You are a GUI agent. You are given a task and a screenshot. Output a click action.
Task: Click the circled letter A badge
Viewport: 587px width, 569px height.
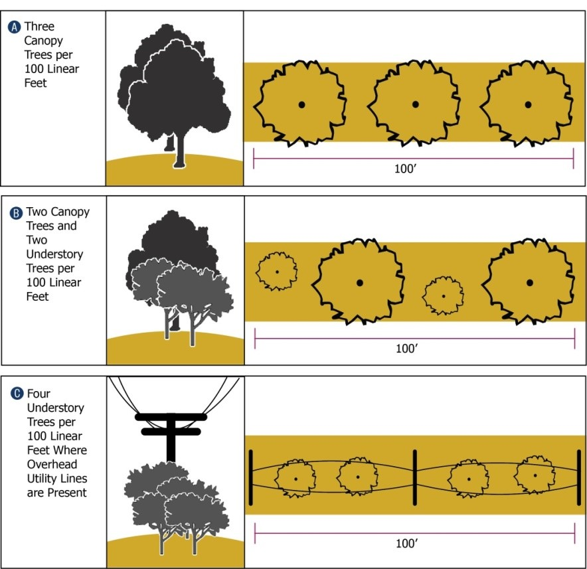pyautogui.click(x=15, y=27)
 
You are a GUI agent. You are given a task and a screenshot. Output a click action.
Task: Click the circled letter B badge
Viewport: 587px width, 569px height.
pyautogui.click(x=16, y=213)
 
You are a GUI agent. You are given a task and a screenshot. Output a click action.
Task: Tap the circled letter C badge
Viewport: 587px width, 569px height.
pyautogui.click(x=17, y=394)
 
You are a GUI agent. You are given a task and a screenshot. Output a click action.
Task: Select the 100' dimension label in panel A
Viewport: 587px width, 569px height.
pyautogui.click(x=406, y=169)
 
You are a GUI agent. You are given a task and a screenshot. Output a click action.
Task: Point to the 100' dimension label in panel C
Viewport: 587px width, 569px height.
pyautogui.click(x=407, y=543)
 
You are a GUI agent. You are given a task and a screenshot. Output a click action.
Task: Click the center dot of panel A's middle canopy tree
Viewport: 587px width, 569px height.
pyautogui.click(x=415, y=104)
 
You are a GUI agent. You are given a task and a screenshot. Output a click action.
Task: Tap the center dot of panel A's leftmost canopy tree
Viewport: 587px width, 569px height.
pyautogui.click(x=301, y=105)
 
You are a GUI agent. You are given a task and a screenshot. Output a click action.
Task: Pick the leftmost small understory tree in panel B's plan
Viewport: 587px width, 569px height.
pyautogui.click(x=277, y=272)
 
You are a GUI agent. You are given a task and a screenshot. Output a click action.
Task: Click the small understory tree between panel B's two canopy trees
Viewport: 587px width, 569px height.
pyautogui.click(x=444, y=295)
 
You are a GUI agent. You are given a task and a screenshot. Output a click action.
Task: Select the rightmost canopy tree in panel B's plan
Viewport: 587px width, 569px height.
pyautogui.click(x=528, y=282)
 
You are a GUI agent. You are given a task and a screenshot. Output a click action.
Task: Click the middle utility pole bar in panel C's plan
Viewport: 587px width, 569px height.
pyautogui.click(x=415, y=477)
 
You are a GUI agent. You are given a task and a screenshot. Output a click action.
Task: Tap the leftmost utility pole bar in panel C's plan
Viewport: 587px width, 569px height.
pyautogui.click(x=251, y=477)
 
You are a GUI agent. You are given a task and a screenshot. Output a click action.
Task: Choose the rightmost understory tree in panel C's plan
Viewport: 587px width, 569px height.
pyautogui.click(x=535, y=475)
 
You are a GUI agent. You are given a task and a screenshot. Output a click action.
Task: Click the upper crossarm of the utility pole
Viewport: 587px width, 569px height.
pyautogui.click(x=171, y=417)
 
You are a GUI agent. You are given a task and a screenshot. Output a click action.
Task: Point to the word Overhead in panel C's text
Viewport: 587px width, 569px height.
pyautogui.click(x=52, y=464)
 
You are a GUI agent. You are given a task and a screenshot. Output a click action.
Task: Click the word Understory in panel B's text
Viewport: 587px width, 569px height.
pyautogui.click(x=54, y=254)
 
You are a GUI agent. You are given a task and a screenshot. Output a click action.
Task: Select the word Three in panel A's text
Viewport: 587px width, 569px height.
pyautogui.click(x=39, y=26)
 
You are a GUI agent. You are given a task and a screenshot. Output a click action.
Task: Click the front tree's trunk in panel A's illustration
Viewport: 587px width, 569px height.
pyautogui.click(x=180, y=150)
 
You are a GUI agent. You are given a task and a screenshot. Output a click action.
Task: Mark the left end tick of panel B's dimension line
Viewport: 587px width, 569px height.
pyautogui.click(x=255, y=339)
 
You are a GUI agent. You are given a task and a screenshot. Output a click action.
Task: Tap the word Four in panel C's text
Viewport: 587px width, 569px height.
pyautogui.click(x=39, y=394)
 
